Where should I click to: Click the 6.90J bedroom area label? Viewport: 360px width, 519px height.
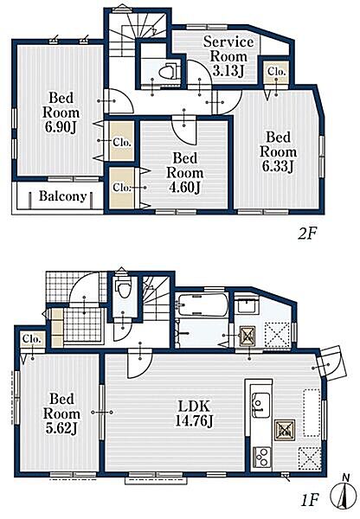61,112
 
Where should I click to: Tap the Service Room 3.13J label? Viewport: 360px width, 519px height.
228,56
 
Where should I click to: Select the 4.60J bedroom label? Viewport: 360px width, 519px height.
185,173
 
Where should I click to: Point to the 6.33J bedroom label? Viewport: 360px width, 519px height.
278,152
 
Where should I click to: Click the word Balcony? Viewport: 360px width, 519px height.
63,196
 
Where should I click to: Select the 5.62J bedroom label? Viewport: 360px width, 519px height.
61,413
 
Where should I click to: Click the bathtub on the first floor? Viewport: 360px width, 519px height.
202,304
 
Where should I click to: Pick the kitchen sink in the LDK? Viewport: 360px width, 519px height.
260,403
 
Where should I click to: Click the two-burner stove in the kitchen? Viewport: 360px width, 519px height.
262,457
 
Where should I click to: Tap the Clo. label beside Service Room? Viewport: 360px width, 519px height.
277,72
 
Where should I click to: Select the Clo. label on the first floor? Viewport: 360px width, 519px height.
32,339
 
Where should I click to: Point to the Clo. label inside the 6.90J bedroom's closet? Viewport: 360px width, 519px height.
122,143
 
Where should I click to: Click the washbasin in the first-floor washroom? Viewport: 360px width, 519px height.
247,304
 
